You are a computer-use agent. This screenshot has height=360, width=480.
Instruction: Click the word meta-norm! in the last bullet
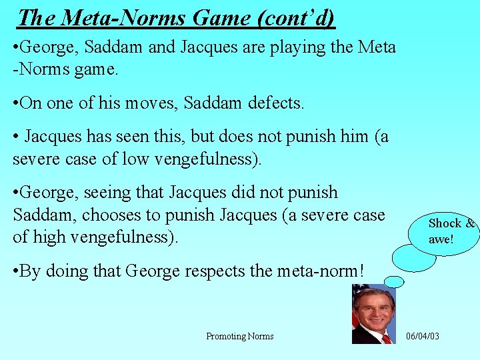327,271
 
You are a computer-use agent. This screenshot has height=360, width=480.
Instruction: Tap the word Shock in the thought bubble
445,223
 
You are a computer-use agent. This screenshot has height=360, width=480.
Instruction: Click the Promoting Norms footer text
240,336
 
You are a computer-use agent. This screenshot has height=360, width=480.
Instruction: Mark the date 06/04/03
423,336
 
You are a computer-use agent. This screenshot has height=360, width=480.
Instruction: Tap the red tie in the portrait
386,339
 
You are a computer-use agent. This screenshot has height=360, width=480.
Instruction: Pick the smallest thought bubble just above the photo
395,281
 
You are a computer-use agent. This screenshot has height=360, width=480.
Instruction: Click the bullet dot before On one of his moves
16,103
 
